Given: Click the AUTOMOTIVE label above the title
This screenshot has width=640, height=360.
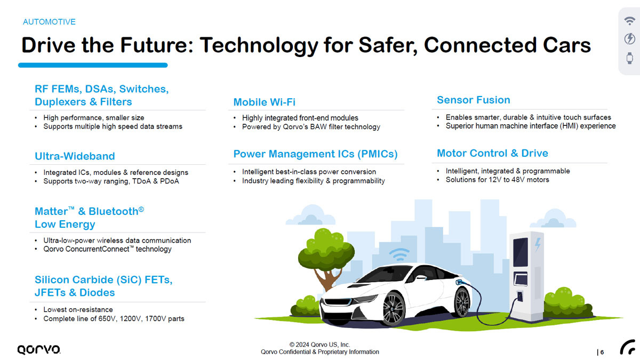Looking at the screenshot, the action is [x=49, y=22].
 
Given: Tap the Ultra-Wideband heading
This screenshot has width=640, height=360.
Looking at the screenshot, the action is [x=75, y=156].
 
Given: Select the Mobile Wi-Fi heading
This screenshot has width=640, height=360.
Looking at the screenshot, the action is [x=265, y=102].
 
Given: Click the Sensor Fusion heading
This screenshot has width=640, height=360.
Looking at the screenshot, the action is [x=474, y=100].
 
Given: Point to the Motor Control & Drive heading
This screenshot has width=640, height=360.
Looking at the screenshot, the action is [x=492, y=153].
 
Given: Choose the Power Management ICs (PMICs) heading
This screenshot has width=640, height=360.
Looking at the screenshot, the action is [x=315, y=154].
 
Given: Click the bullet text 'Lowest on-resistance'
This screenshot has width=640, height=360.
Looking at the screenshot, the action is [x=78, y=309].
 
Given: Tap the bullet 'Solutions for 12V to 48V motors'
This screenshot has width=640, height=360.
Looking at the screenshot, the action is [x=498, y=180].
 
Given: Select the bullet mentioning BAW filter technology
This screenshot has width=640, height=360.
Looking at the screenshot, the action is [x=311, y=127].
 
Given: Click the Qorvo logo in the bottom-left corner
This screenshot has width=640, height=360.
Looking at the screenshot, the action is [x=38, y=349].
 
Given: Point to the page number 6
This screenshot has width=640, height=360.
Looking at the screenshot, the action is [x=602, y=353].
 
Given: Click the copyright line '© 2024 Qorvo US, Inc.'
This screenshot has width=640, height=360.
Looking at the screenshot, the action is [x=319, y=345].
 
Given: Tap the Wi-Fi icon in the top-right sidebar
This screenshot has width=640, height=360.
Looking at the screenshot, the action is [x=629, y=21].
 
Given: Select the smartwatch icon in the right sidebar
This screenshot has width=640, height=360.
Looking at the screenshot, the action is [x=629, y=58].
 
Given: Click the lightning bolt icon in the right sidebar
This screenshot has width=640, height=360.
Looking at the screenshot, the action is [x=629, y=38].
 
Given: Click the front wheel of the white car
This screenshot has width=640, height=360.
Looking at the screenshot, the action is [x=394, y=309].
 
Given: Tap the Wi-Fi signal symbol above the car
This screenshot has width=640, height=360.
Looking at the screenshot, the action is [x=399, y=254].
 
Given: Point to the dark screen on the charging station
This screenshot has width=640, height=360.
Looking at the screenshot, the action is [x=521, y=252].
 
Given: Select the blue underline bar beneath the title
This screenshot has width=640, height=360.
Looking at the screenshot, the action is [x=93, y=65].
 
